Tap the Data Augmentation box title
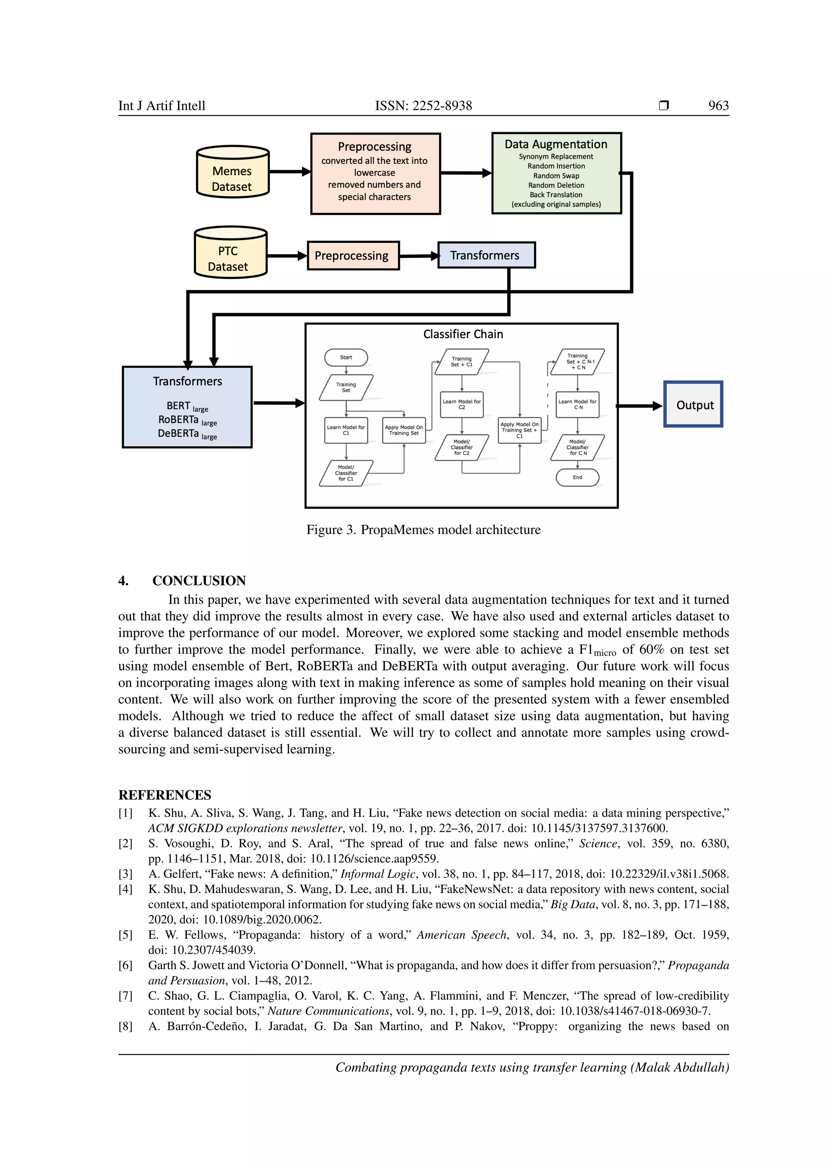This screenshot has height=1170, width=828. click(x=556, y=144)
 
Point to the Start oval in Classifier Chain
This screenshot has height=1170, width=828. click(x=346, y=357)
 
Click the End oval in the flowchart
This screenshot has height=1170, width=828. click(x=577, y=478)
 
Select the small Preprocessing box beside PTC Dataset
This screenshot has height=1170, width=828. click(x=353, y=256)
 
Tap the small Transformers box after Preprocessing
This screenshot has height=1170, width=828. click(x=486, y=255)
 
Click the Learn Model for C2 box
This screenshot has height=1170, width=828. click(x=461, y=404)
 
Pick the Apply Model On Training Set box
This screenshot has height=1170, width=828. click(x=404, y=430)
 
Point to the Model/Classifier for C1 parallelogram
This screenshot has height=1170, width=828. click(x=346, y=473)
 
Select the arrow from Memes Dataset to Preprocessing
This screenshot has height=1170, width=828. click(x=289, y=172)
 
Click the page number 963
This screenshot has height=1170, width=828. click(x=718, y=106)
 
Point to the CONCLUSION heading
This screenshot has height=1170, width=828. click(x=199, y=581)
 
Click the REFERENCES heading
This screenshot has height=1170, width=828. click(x=165, y=795)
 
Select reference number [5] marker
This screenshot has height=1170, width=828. click(x=125, y=934)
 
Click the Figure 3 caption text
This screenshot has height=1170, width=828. click(x=423, y=530)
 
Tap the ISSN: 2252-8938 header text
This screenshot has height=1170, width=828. click(x=423, y=106)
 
